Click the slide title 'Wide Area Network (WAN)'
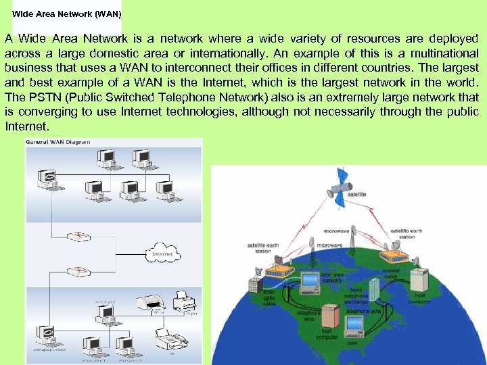66,13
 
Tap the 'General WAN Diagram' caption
57,142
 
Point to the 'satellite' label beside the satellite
357,194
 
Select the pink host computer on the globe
331,316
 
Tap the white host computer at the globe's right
419,280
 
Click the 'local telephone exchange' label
356,295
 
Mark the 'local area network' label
334,277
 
